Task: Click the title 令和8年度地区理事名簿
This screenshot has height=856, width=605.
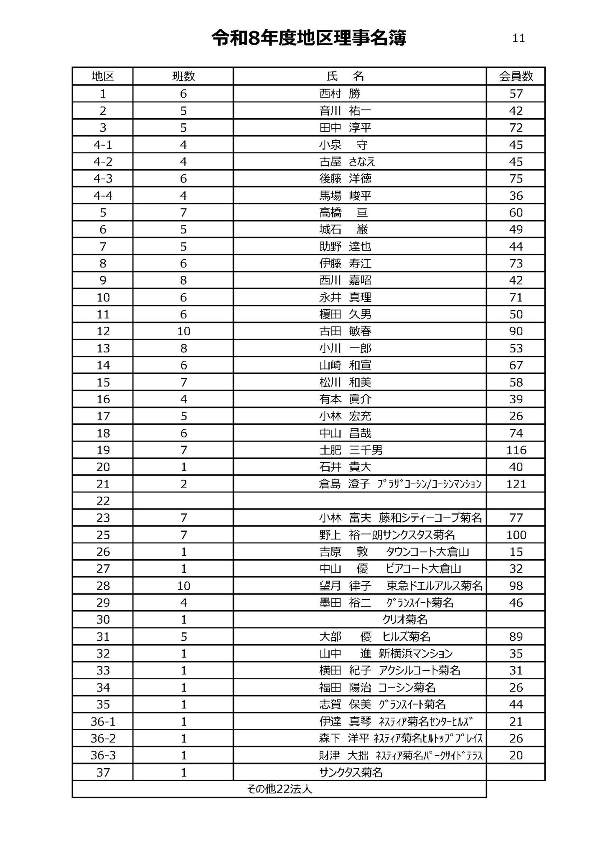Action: pyautogui.click(x=309, y=38)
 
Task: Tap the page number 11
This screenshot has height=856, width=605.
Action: pyautogui.click(x=518, y=38)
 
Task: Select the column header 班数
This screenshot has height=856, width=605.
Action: pyautogui.click(x=183, y=76)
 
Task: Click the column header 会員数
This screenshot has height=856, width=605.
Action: pyautogui.click(x=516, y=76)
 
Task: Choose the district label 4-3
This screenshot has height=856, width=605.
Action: pyautogui.click(x=103, y=179)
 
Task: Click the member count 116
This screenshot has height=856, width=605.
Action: pyautogui.click(x=516, y=450)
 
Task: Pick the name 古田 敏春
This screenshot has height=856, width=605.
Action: pyautogui.click(x=345, y=331)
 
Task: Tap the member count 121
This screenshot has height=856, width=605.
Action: pyautogui.click(x=516, y=484)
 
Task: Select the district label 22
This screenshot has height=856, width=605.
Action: pyautogui.click(x=103, y=501)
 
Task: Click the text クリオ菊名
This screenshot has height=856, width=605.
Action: pyautogui.click(x=405, y=619)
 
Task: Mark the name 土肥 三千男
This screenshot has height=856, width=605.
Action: pyautogui.click(x=351, y=450)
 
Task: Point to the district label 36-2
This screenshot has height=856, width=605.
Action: pyautogui.click(x=103, y=739)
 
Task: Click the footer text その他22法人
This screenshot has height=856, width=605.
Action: pyautogui.click(x=280, y=789)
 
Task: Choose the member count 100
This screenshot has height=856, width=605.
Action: pyautogui.click(x=516, y=535)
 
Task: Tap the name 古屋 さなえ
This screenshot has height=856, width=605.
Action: pyautogui.click(x=347, y=162)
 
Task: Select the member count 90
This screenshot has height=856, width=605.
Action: pyautogui.click(x=516, y=331)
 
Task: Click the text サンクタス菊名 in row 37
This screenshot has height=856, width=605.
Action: pyautogui.click(x=351, y=772)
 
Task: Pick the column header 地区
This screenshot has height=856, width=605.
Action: pyautogui.click(x=103, y=76)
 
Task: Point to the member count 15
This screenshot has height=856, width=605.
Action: pyautogui.click(x=516, y=552)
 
